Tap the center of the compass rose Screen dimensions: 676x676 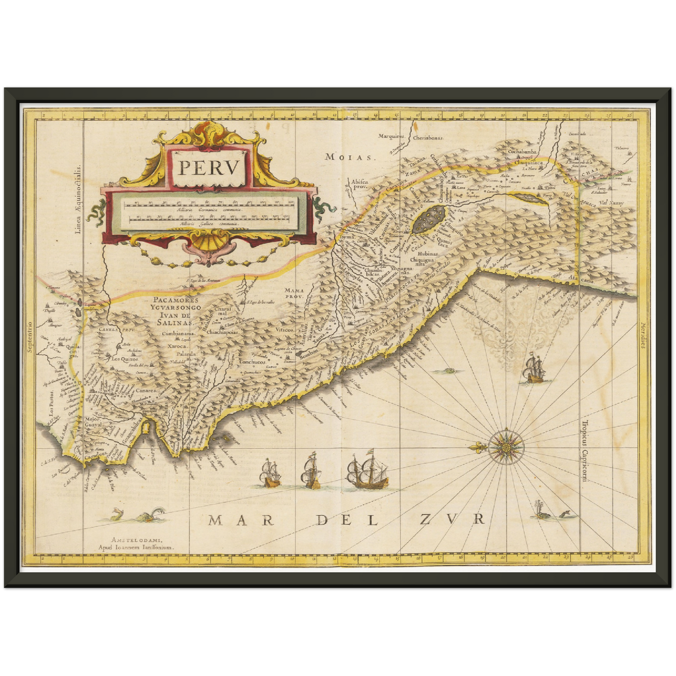506,446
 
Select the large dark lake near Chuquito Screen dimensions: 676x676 429,219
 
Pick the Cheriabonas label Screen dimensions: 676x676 428,138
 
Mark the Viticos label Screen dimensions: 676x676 284,330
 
